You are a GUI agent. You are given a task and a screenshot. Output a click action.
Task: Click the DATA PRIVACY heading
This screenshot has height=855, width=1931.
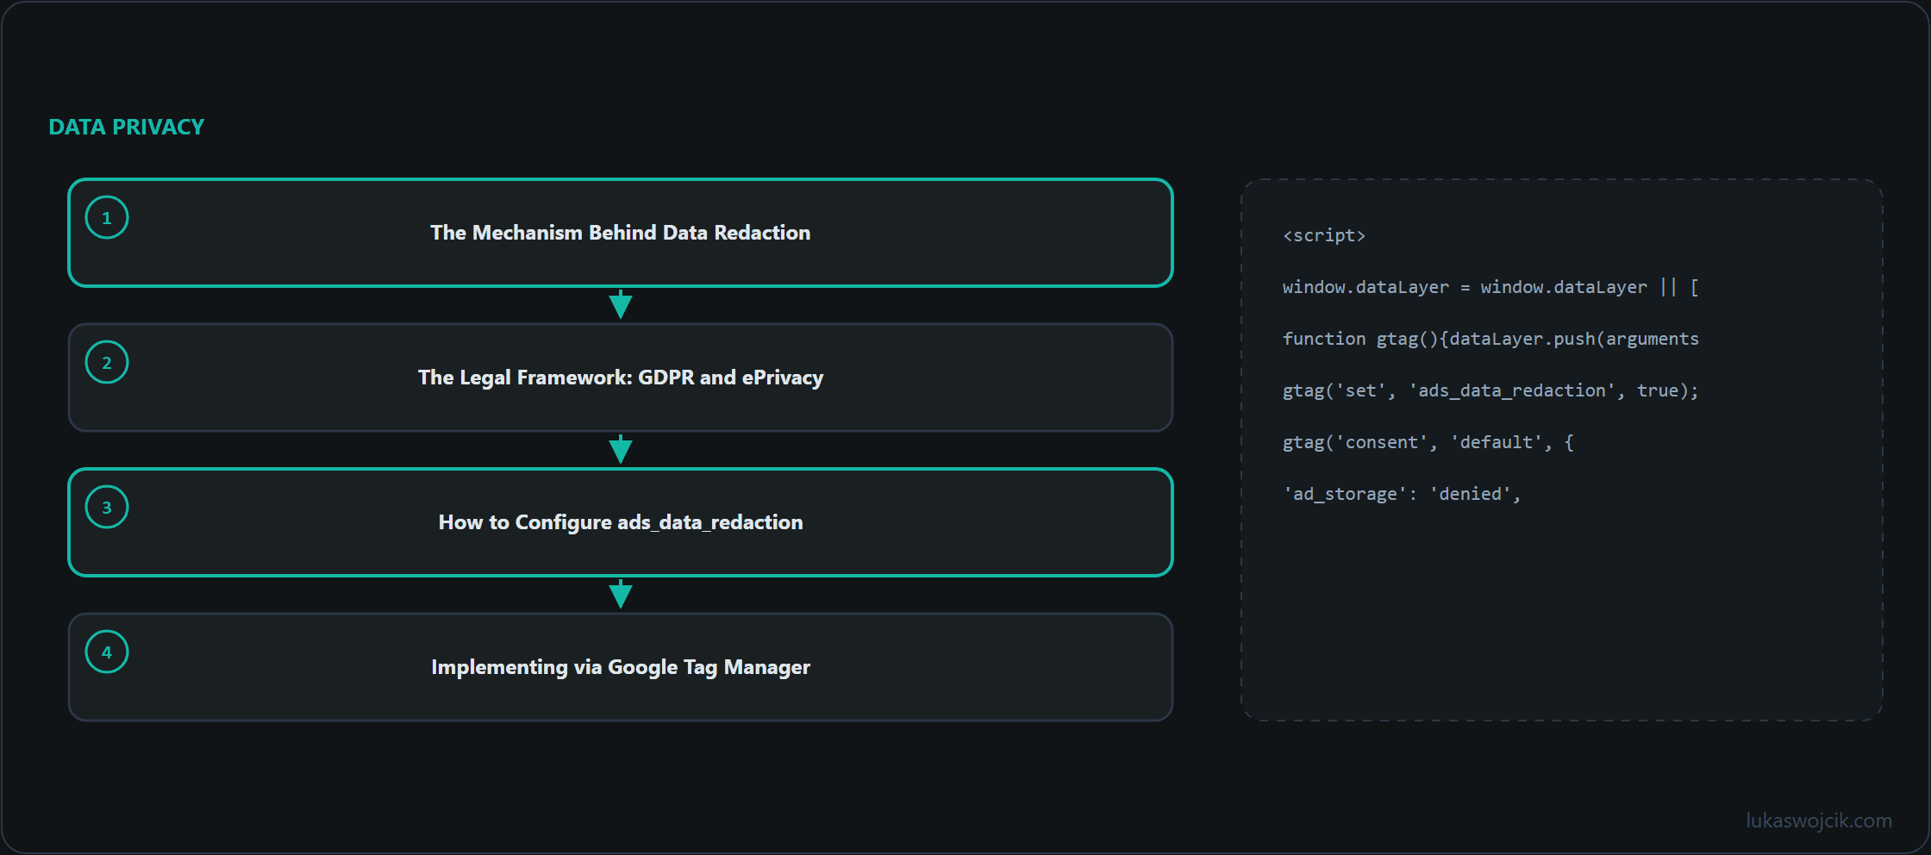[x=127, y=127]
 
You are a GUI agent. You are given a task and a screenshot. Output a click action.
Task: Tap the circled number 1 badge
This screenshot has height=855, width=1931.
[x=107, y=217]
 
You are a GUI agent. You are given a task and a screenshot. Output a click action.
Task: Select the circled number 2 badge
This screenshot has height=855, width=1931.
[x=107, y=362]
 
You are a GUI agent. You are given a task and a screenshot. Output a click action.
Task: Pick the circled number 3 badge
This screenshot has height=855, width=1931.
[x=107, y=507]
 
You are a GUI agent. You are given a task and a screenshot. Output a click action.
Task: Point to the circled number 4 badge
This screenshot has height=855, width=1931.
[x=107, y=652]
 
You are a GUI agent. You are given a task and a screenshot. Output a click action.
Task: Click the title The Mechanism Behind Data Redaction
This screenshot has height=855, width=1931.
[x=621, y=233]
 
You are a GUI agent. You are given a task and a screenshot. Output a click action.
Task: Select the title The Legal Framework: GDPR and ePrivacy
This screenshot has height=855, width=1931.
[x=621, y=378]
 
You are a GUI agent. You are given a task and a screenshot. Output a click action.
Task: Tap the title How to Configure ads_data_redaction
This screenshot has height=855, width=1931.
[x=621, y=522]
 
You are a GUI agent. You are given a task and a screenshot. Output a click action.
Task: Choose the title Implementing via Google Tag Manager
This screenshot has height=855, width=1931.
[x=621, y=667]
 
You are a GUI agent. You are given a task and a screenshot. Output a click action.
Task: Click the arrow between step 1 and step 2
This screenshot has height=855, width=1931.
[x=621, y=304]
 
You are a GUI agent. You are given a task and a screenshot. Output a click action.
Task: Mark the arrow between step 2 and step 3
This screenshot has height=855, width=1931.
[x=621, y=449]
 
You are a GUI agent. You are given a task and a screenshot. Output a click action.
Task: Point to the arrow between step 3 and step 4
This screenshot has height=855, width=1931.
[x=621, y=594]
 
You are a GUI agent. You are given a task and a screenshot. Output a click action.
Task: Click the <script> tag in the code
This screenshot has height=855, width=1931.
[x=1324, y=235]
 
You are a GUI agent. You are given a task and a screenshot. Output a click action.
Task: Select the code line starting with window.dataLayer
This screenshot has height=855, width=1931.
[x=1490, y=287]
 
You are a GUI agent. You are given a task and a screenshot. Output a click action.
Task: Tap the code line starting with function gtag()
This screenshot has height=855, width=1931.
[x=1490, y=339]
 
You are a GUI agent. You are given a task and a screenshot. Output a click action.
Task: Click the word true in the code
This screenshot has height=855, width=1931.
[x=1658, y=390]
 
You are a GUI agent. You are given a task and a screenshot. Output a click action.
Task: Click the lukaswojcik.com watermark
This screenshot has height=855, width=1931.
[x=1819, y=821]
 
